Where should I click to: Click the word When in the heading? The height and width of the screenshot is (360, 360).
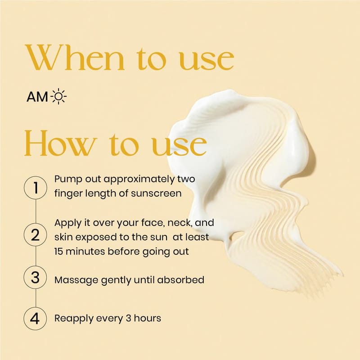(x=75, y=57)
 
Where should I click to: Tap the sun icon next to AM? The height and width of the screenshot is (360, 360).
(x=59, y=96)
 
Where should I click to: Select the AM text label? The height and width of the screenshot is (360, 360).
(x=37, y=97)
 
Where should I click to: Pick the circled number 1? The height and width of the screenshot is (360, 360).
(x=36, y=188)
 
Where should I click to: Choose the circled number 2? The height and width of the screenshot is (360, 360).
(x=36, y=235)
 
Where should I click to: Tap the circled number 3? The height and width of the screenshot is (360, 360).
(x=36, y=277)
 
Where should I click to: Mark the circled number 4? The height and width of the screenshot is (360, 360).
(x=36, y=319)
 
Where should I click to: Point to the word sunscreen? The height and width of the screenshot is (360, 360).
(x=156, y=193)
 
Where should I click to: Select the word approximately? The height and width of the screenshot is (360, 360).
(x=139, y=180)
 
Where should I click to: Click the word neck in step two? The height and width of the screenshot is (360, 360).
(x=180, y=223)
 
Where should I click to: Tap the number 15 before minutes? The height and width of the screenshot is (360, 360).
(x=58, y=252)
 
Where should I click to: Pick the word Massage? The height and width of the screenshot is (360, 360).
(x=76, y=280)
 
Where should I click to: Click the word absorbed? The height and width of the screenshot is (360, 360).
(x=180, y=279)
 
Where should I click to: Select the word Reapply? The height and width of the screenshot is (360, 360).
(x=74, y=319)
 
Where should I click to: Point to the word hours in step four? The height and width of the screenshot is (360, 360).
(x=148, y=318)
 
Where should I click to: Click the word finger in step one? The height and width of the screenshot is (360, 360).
(x=68, y=193)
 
